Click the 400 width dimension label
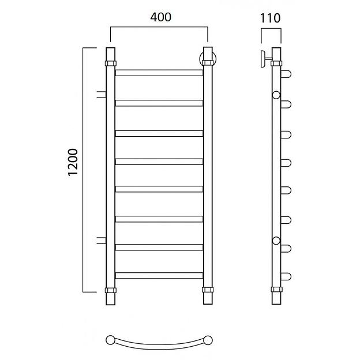[x=161, y=17]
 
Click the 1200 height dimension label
[x=73, y=162]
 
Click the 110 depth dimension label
[x=270, y=18]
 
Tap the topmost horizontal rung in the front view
[x=159, y=73]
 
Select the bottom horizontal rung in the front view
[x=159, y=276]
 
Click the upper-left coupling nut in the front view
[x=111, y=63]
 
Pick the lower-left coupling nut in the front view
[x=111, y=290]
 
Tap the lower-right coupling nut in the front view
[x=208, y=290]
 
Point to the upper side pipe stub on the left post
[x=102, y=95]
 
